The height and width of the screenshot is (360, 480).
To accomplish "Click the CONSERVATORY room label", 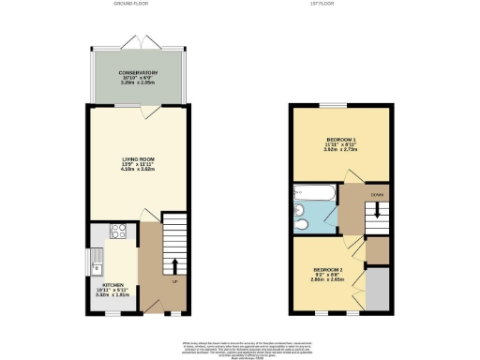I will coord(137,73).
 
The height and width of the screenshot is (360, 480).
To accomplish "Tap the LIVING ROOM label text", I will coord(137,158).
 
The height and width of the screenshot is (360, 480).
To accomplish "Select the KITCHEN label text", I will coord(115,284).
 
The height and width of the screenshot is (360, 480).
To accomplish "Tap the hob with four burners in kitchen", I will coord(120,230).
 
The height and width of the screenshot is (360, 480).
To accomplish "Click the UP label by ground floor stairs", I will coord(175,280).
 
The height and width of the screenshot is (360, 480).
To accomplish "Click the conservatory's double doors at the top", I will coord(137,41).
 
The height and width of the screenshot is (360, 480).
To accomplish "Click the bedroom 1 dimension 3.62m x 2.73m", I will coord(339,151).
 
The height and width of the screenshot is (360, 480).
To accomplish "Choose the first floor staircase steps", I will coord(376,223).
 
